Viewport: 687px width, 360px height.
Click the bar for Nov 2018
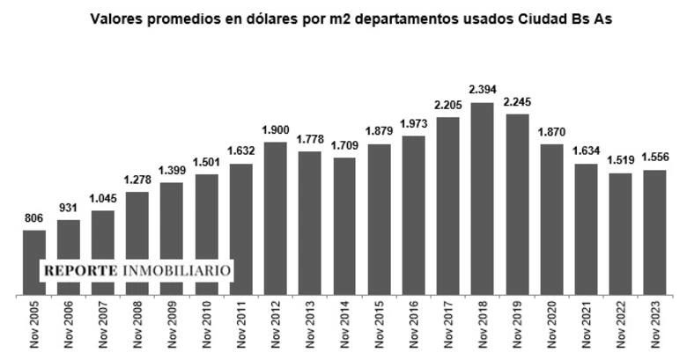[482, 199]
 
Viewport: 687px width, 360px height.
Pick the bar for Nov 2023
[654, 232]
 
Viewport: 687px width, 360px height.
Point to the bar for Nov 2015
[379, 219]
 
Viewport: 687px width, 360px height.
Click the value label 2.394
[483, 91]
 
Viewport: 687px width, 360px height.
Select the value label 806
[34, 218]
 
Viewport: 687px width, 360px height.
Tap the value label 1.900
[276, 129]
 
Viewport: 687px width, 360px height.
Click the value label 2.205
[447, 106]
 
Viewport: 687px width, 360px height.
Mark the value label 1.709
[344, 146]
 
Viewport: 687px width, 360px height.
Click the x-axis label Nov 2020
[551, 325]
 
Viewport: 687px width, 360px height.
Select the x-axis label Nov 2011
[241, 325]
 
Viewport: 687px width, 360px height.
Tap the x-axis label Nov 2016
[414, 325]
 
